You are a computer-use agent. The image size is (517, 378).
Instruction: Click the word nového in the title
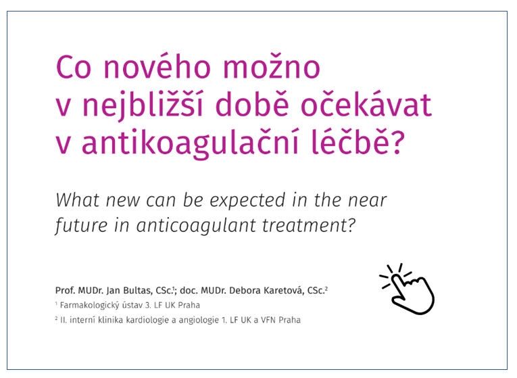tap(157, 66)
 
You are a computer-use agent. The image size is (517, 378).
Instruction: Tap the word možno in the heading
tap(272, 66)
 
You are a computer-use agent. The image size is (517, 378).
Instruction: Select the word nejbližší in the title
tap(142, 105)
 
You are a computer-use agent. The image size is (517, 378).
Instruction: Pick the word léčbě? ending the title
tap(358, 142)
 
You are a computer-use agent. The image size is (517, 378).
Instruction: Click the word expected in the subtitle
tap(247, 201)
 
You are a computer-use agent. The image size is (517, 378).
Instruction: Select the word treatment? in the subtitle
tap(309, 225)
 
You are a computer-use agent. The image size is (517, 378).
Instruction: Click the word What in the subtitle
tap(77, 200)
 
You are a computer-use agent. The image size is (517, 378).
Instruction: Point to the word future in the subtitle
tap(82, 225)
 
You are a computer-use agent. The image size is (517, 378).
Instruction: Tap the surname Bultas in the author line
tap(138, 291)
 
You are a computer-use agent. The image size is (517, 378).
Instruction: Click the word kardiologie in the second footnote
tap(150, 320)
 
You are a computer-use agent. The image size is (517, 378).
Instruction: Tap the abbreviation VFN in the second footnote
tap(268, 320)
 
